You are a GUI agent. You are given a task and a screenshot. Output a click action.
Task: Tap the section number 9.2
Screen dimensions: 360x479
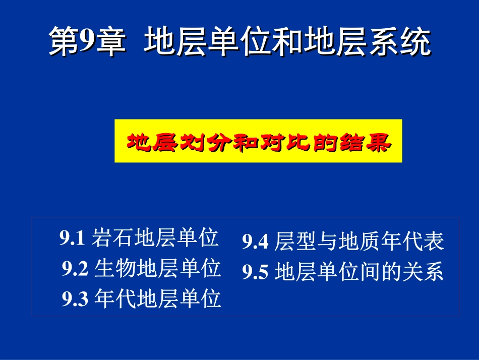(76, 269)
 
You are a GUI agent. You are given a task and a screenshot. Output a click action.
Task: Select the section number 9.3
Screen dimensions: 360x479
(76, 299)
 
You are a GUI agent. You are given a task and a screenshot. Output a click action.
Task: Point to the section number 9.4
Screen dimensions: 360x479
(256, 243)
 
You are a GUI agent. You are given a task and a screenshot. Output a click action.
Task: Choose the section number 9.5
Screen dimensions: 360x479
(256, 273)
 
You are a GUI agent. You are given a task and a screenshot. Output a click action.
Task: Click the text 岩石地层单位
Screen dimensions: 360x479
(155, 238)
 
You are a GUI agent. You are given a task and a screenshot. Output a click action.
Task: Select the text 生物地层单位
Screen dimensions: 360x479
(157, 269)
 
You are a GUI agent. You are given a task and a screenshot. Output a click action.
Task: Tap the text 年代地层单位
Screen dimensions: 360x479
(157, 299)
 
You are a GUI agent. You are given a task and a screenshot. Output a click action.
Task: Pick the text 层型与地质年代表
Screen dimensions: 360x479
(359, 243)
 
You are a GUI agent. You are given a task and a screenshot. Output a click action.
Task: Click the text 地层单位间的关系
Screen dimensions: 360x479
(359, 273)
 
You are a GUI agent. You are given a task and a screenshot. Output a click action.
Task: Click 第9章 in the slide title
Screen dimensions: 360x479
(86, 42)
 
